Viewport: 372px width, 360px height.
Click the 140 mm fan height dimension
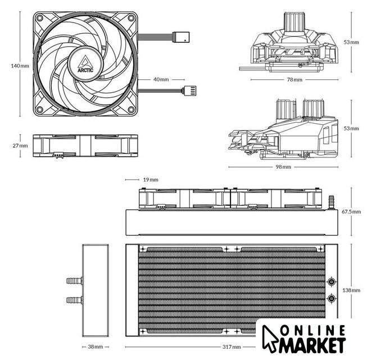tap(20, 66)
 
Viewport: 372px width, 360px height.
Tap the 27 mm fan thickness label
tap(20, 146)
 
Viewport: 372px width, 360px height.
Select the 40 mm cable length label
tap(161, 79)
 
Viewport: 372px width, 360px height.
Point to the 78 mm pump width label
tap(294, 79)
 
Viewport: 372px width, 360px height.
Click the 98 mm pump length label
tap(283, 167)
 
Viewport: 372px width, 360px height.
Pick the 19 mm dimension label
tap(151, 180)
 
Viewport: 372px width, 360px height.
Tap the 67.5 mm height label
tap(351, 211)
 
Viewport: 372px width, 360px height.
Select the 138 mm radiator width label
tap(351, 290)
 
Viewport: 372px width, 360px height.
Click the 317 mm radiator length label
tap(232, 347)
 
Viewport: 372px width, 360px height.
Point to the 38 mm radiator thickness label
tap(96, 346)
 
